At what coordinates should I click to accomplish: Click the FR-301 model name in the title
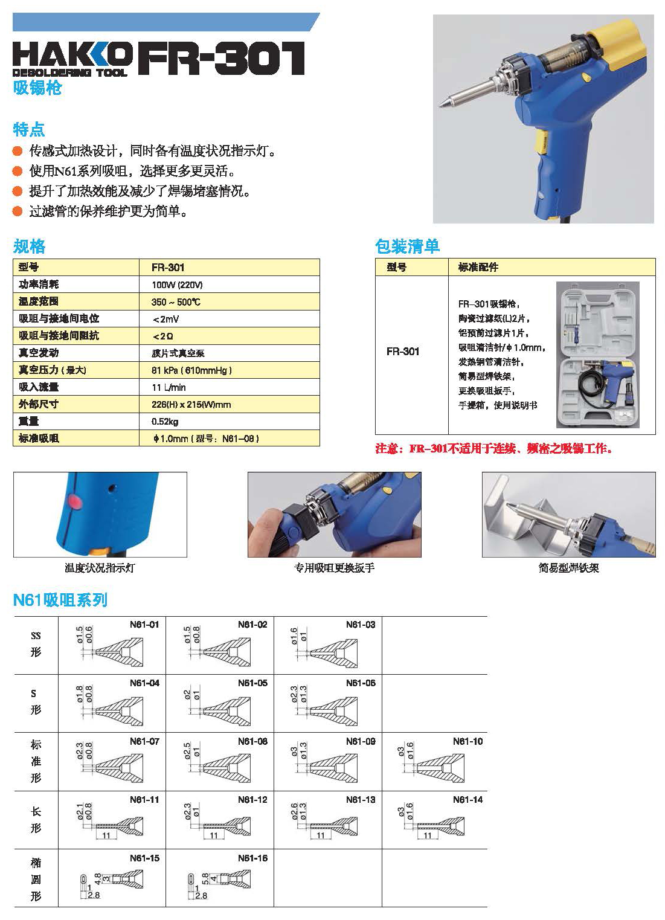222,59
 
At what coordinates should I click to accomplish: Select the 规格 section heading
29,246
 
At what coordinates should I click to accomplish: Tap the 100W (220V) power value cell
177,285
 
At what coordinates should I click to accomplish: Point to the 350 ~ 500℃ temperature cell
176,301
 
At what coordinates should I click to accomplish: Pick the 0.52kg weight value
165,421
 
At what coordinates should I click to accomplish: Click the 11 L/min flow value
169,387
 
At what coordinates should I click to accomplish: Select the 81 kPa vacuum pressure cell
191,370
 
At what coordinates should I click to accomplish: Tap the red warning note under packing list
493,448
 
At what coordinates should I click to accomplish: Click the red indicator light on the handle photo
75,501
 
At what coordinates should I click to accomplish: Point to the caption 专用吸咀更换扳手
334,568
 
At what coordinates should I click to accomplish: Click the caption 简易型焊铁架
568,568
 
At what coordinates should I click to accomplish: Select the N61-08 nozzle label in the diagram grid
252,741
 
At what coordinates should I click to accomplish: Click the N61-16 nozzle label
252,858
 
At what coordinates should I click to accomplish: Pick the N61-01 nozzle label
144,625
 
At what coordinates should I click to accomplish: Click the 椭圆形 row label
36,879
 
